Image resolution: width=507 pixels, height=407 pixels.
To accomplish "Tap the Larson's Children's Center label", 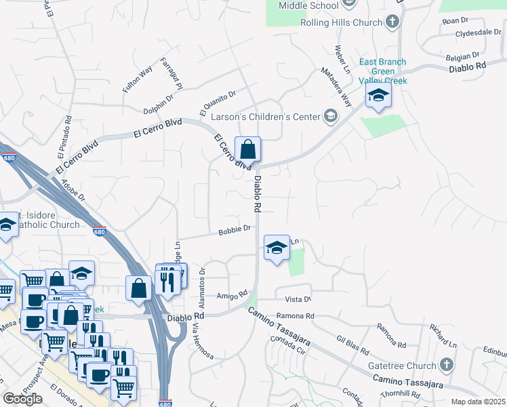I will click(x=265, y=117).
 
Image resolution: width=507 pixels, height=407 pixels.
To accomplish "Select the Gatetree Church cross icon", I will click(x=446, y=365).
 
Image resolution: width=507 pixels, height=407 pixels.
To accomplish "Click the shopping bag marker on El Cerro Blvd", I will click(x=248, y=149).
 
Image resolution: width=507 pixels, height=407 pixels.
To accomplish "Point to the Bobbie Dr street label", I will click(x=235, y=231).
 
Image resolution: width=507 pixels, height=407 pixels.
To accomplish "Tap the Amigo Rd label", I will click(x=231, y=296).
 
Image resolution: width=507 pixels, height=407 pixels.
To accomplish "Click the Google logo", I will click(x=22, y=399).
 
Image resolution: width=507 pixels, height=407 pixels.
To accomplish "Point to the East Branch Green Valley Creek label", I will click(x=383, y=71).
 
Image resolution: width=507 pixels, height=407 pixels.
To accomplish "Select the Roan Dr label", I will click(x=451, y=20).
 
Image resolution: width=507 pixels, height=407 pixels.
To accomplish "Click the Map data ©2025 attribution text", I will click(x=477, y=402).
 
